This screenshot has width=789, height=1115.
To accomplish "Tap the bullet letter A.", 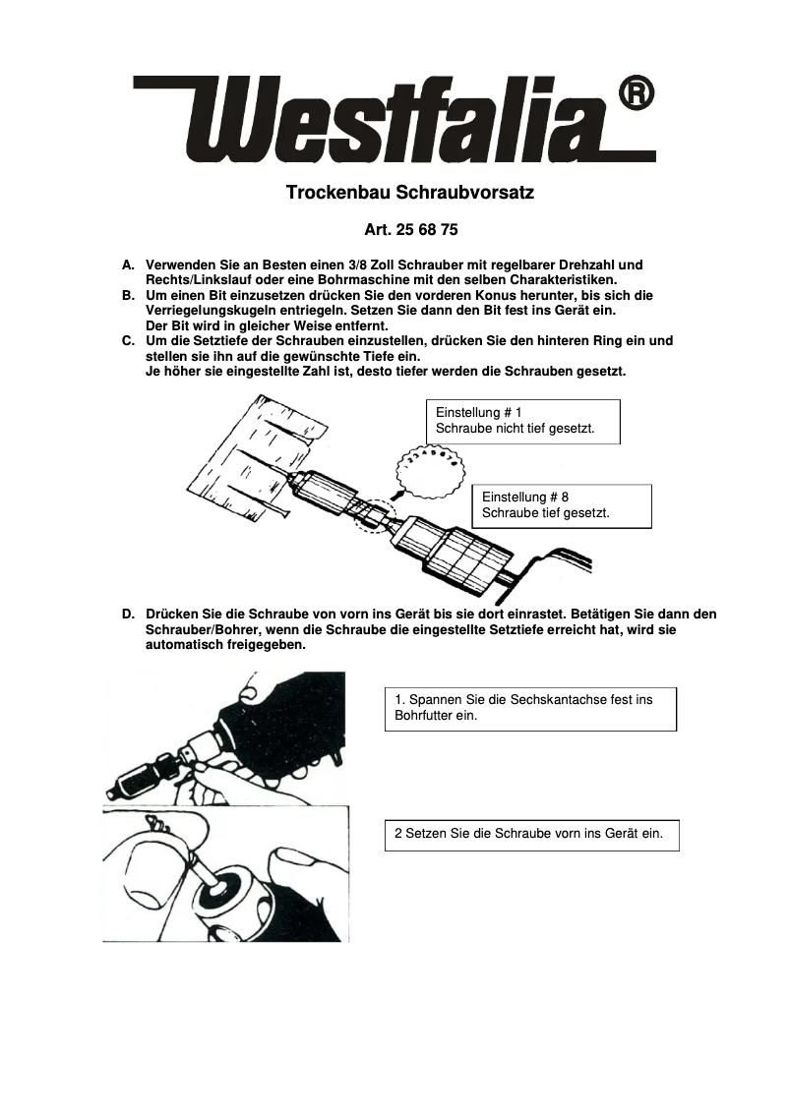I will coord(127,265).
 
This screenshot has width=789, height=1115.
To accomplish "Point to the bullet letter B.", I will coord(127,296).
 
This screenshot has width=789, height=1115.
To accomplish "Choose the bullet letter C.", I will coord(127,341).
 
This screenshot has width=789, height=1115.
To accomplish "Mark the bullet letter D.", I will coord(128,615).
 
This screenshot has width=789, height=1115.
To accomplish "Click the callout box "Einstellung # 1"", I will coord(522,421).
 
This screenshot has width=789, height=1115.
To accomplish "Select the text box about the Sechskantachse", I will coord(530,708).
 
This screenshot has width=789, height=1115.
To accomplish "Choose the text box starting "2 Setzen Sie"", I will coord(531,834).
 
